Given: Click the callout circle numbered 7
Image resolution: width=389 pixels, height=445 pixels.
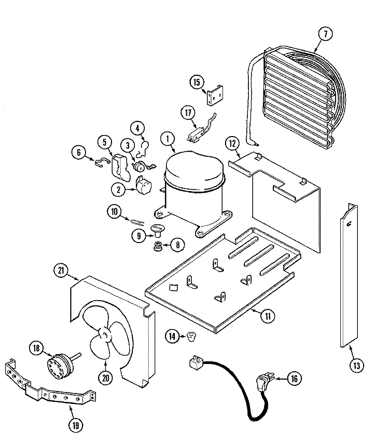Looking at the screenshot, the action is pos(325,34).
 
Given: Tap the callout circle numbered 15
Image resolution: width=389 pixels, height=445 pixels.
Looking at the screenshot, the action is pos(197,83).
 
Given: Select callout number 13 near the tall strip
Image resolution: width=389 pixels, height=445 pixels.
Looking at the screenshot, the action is pos(356,366).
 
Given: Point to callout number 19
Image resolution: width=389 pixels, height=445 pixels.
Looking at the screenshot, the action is pos(76,425).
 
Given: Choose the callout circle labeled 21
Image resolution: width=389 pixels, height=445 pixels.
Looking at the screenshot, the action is pos(61,271).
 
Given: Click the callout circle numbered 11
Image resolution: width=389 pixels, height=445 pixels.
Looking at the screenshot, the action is pos(268,316).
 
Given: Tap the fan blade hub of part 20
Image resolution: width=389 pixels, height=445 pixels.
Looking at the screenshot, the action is pos(105,335).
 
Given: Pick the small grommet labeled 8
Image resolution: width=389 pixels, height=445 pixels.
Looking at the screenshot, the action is pos(157,246).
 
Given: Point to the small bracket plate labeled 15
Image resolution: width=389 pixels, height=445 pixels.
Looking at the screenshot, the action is pos(215,96).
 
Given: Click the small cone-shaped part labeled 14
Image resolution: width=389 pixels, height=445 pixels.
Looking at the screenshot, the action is pos(191,336).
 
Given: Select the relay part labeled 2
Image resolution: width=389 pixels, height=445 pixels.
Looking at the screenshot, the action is pos(144,185).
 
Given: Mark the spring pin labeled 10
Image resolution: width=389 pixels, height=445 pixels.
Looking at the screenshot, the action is pos(137,221).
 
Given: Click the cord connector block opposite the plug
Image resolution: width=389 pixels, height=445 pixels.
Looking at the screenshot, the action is pos(196,363).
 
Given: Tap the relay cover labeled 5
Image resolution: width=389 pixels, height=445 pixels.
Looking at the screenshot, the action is pos(120,167).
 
